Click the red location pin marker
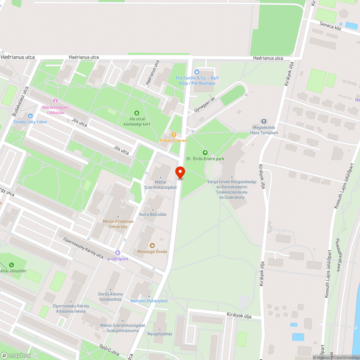(180, 172)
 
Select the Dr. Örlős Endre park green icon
(206, 153)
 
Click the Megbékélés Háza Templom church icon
(264, 121)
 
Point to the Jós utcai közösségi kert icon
(137, 113)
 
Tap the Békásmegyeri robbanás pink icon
(55, 101)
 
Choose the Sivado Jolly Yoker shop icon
(30, 116)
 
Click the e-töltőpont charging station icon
(117, 253)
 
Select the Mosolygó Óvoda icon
(152, 246)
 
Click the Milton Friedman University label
(118, 224)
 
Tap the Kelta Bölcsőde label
(153, 215)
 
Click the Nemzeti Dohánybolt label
(149, 301)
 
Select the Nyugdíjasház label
(160, 334)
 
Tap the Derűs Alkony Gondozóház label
(110, 297)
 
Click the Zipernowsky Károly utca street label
(83, 248)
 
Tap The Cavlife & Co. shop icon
(197, 72)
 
